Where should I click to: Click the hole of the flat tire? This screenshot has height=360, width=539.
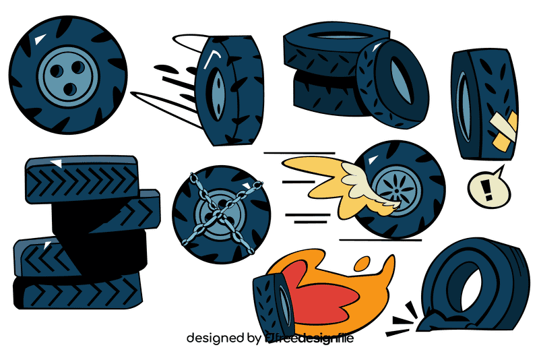coord(465,283)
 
